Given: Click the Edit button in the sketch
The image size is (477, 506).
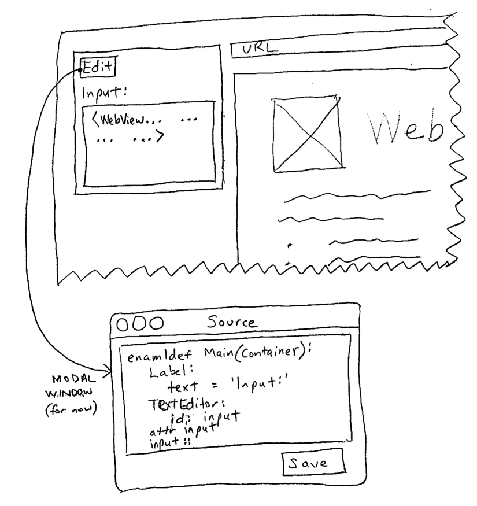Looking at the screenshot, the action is (x=98, y=67).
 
